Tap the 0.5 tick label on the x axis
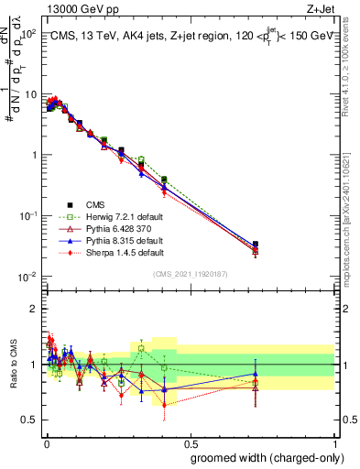coord(190,442)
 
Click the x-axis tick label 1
coord(334,442)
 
